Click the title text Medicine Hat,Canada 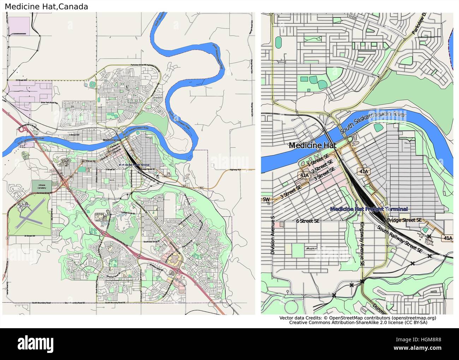tap(46, 6)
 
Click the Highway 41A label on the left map tap(235, 170)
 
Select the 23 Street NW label tap(23, 81)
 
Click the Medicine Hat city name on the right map tap(312, 145)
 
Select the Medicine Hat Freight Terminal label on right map tap(369, 209)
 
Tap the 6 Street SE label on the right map tap(308, 221)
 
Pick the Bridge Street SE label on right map tap(404, 220)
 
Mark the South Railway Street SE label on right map tap(400, 239)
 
